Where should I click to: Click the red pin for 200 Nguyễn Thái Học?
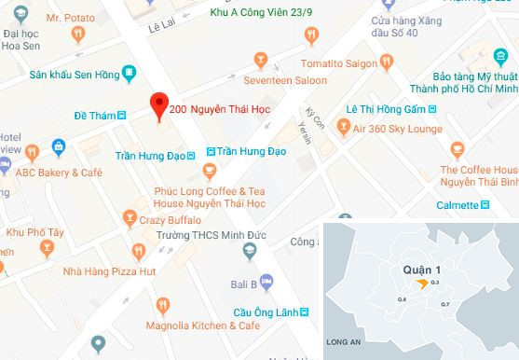pyautogui.click(x=158, y=106)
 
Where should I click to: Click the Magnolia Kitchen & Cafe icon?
pyautogui.click(x=164, y=303)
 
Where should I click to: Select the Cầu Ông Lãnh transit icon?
pyautogui.click(x=302, y=312)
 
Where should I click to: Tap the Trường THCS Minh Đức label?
pyautogui.click(x=196, y=235)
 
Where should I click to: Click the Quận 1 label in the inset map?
pyautogui.click(x=421, y=269)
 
